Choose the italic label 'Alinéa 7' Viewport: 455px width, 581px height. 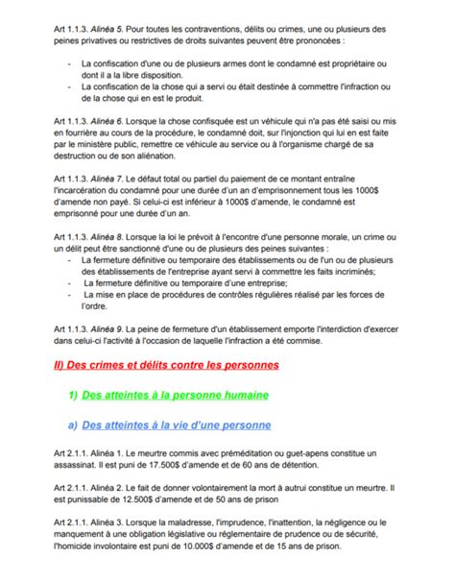(108, 206)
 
